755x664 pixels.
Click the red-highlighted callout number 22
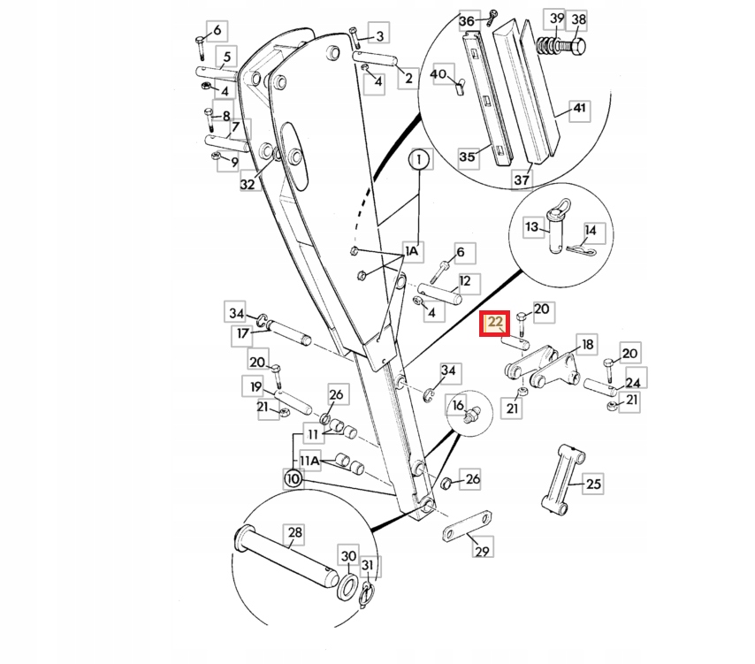coord(495,323)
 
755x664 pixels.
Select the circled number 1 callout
coord(419,159)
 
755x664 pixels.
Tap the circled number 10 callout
coord(294,479)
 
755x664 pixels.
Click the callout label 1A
coord(412,251)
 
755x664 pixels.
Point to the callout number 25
coord(594,484)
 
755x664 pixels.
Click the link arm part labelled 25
coord(563,479)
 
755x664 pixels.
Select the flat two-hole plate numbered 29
coord(467,526)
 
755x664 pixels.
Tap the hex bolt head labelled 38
coord(576,47)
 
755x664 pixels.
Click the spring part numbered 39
coord(545,46)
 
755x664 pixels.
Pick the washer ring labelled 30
coord(347,587)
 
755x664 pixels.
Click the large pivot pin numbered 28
coord(286,558)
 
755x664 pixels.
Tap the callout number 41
coord(580,109)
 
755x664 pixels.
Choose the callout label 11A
coord(309,461)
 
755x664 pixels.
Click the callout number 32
coord(247,184)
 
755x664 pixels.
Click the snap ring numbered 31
coord(367,595)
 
